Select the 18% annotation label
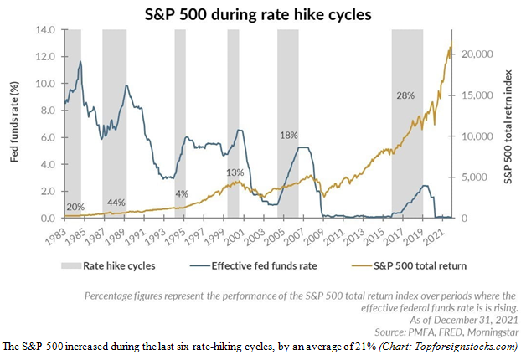coord(288,135)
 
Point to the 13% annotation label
coord(235,172)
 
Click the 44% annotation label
coord(116,203)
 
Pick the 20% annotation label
coord(75,206)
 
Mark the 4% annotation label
coord(182,194)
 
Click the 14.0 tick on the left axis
coord(44,30)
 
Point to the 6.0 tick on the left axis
coord(47,138)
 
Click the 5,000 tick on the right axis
coord(473,177)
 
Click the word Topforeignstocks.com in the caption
coord(476,346)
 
